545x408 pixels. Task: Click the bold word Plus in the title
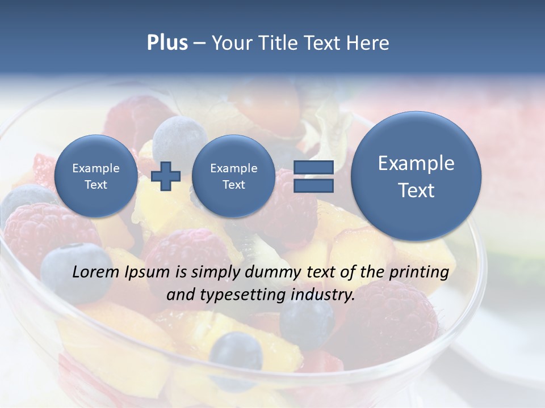(x=167, y=43)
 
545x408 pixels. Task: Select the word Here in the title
(x=368, y=43)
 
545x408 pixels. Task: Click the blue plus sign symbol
(x=166, y=176)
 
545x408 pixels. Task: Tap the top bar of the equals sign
(x=313, y=167)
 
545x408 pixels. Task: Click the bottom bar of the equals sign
(x=313, y=185)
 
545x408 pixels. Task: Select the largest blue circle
(x=416, y=176)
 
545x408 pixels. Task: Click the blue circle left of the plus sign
(x=96, y=176)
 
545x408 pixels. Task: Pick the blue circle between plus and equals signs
(x=233, y=176)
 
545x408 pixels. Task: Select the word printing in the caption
(x=418, y=273)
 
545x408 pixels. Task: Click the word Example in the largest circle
(x=416, y=163)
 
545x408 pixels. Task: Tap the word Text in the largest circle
(x=416, y=190)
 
